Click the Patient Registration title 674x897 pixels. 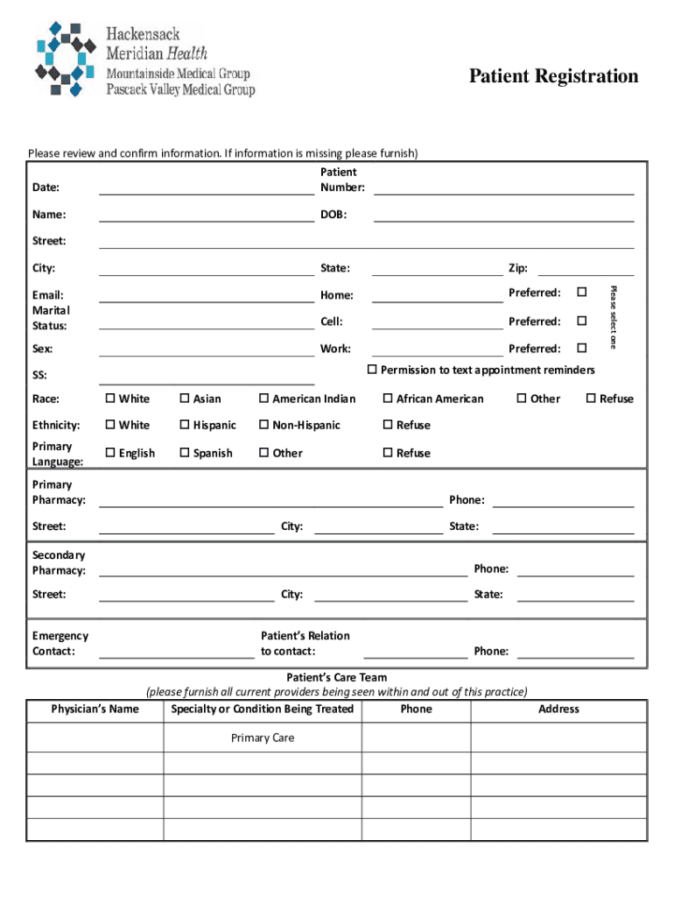(x=553, y=76)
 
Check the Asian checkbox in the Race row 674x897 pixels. (x=185, y=399)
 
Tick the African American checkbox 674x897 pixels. (x=388, y=399)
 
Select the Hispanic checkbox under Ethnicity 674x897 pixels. (x=185, y=425)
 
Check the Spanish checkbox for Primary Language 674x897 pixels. (x=185, y=453)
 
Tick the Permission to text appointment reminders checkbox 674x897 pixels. (x=372, y=370)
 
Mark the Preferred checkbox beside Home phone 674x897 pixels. (x=581, y=292)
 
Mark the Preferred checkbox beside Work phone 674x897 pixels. (x=581, y=348)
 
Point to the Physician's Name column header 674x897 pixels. (x=95, y=709)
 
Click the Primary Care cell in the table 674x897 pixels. (x=263, y=738)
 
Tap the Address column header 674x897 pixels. (x=558, y=709)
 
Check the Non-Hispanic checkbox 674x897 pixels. (x=263, y=425)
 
